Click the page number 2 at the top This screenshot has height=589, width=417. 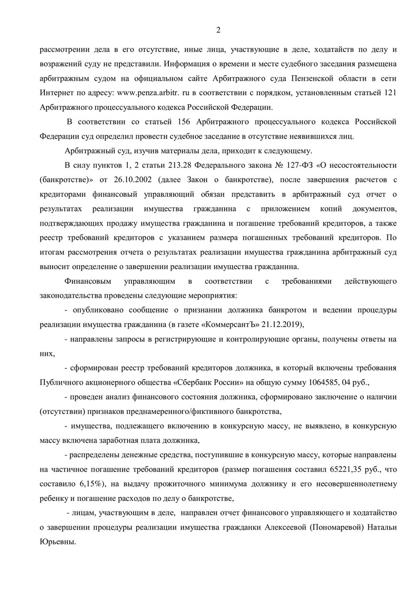pos(219,30)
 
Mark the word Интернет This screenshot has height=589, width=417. pos(57,94)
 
